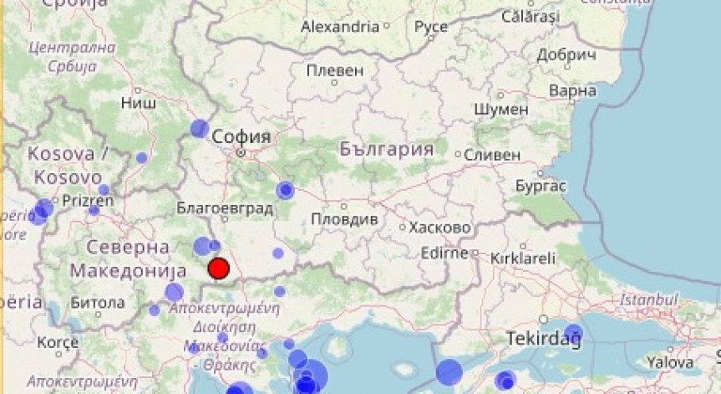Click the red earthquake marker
[x=218, y=269]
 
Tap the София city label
[x=241, y=136]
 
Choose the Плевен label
[x=335, y=70]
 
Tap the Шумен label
[x=500, y=110]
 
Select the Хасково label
[x=439, y=227]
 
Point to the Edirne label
[x=444, y=251]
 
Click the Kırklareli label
[x=522, y=258]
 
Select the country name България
[x=387, y=150]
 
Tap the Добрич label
[x=566, y=55]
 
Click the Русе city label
[x=431, y=27]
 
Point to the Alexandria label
[x=340, y=27]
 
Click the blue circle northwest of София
[x=199, y=128]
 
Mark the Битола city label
[x=98, y=302]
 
